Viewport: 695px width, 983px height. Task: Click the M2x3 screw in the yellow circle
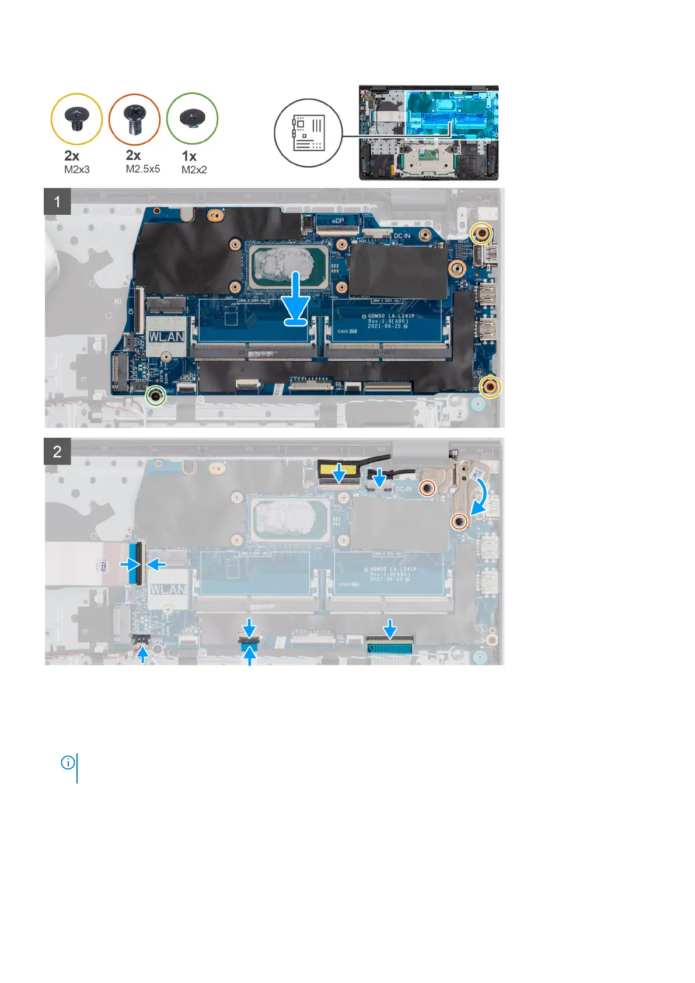tap(76, 119)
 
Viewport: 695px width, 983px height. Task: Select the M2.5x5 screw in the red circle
tap(134, 119)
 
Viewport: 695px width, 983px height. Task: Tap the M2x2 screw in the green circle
tap(192, 118)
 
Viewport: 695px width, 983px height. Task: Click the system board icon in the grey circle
tap(309, 133)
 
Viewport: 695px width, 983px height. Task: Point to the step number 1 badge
tap(57, 202)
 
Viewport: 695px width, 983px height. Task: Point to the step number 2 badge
tap(57, 451)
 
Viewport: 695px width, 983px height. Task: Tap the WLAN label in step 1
tap(167, 337)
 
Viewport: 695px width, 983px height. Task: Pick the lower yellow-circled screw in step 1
tap(490, 385)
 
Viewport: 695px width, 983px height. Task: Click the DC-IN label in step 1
tap(402, 236)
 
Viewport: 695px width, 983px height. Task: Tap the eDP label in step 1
tap(338, 222)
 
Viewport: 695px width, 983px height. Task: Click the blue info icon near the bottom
tap(68, 762)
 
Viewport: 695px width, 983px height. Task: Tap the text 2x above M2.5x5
tap(134, 155)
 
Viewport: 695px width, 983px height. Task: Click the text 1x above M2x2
tap(190, 156)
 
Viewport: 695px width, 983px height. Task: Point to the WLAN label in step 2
tap(168, 590)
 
